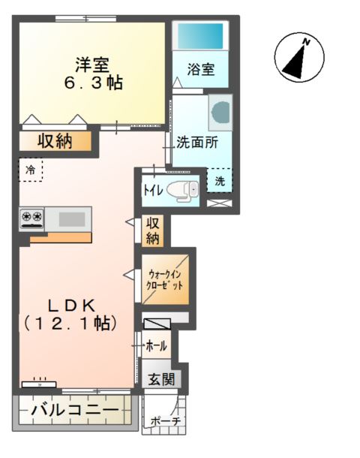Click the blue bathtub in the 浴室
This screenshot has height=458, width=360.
pyautogui.click(x=200, y=35)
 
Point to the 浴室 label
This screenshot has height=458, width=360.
pyautogui.click(x=201, y=70)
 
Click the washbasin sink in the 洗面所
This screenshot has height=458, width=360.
pyautogui.click(x=222, y=111)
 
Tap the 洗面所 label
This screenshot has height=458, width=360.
pyautogui.click(x=196, y=140)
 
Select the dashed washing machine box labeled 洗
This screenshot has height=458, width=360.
pyautogui.click(x=220, y=180)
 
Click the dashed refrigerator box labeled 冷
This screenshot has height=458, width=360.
pyautogui.click(x=31, y=170)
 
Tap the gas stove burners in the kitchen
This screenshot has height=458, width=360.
pyautogui.click(x=31, y=218)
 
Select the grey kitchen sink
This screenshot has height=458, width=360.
pyautogui.click(x=71, y=218)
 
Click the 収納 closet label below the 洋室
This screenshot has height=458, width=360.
pyautogui.click(x=55, y=140)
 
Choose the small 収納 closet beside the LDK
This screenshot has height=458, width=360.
pyautogui.click(x=152, y=231)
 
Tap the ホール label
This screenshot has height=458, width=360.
pyautogui.click(x=156, y=346)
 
